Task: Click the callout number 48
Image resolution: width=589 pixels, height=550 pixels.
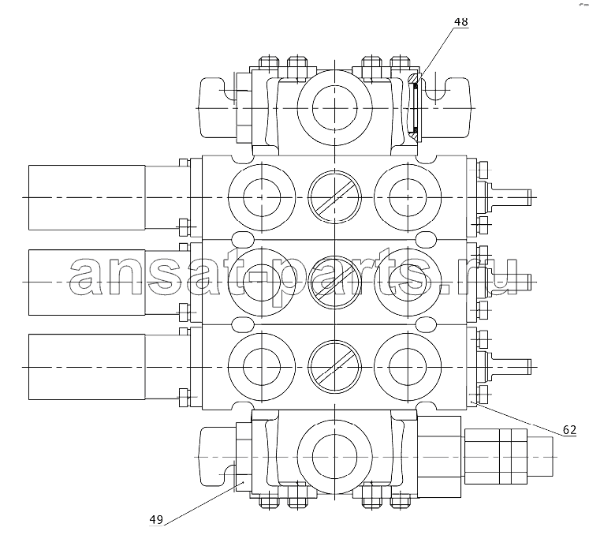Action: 461,22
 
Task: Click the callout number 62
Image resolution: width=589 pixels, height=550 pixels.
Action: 569,429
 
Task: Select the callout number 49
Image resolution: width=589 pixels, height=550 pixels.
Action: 156,519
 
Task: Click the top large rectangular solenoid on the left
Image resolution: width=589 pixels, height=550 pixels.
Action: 87,197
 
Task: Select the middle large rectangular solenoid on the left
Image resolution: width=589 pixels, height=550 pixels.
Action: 87,282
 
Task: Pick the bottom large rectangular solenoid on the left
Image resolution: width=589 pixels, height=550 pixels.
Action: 87,367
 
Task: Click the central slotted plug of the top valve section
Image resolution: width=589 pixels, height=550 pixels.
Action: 334,197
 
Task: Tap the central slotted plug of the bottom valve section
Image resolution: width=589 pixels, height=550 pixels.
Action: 334,367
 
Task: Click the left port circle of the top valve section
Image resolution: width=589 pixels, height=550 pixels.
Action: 262,197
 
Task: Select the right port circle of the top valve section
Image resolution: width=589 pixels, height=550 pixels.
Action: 408,197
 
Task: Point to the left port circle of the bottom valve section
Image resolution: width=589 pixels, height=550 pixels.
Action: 262,367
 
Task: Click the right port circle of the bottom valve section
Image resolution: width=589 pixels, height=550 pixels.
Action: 408,367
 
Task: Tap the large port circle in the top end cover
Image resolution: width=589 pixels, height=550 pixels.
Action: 334,107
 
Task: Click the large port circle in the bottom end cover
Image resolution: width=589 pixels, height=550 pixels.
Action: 334,457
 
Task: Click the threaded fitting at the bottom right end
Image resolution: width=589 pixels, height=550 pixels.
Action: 509,457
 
